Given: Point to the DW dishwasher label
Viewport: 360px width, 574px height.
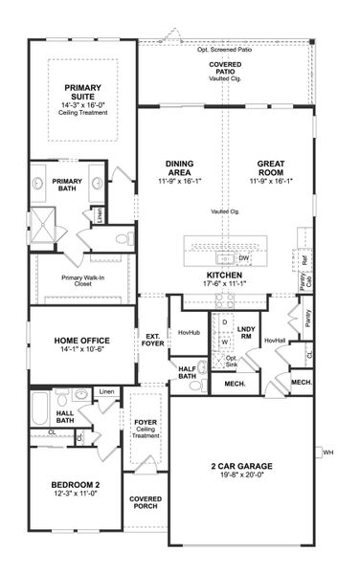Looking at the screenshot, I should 244,257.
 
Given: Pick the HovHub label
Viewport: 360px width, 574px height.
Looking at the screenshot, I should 188,333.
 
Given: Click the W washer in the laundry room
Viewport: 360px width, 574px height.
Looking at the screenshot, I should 224,340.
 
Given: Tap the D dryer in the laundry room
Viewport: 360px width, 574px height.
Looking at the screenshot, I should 224,322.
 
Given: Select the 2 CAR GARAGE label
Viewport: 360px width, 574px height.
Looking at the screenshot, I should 241,467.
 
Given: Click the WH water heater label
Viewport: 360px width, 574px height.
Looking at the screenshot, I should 328,452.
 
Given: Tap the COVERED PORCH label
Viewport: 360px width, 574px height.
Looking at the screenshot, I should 146,504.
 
